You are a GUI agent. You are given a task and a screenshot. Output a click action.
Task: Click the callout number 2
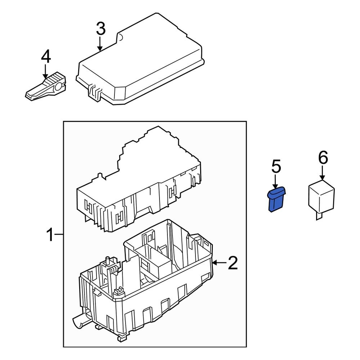pyautogui.click(x=233, y=264)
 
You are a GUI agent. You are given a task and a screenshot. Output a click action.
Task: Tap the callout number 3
pyautogui.click(x=100, y=29)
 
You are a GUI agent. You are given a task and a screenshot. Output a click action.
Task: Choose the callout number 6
pyautogui.click(x=323, y=157)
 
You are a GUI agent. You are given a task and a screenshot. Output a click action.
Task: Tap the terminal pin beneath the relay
pyautogui.click(x=319, y=216)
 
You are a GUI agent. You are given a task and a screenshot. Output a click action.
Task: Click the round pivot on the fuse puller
pyautogui.click(x=58, y=87)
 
